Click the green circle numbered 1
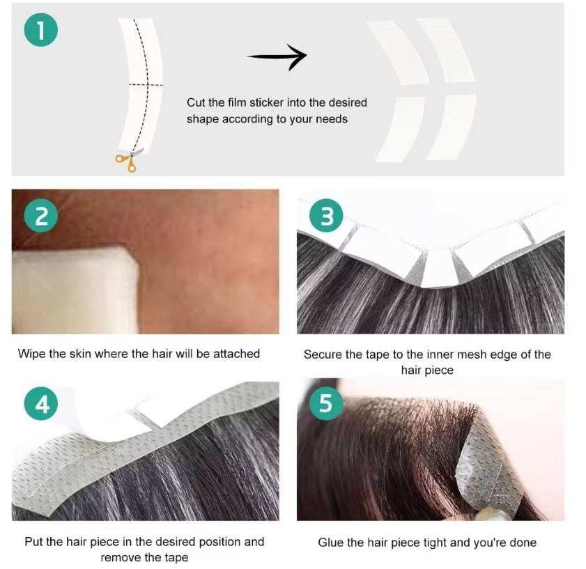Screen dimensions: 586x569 tap(40, 30)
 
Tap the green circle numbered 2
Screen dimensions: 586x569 tap(40, 216)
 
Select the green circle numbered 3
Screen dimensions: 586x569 tap(326, 216)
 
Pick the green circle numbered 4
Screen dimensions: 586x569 tap(40, 404)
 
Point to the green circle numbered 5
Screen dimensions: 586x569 tap(326, 403)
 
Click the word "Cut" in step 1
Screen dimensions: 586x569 tap(196, 102)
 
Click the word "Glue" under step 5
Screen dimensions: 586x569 tap(331, 543)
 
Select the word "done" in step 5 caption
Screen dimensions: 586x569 tap(523, 543)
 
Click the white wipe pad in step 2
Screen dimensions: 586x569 tap(75, 290)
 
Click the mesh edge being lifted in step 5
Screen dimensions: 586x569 tap(486, 471)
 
